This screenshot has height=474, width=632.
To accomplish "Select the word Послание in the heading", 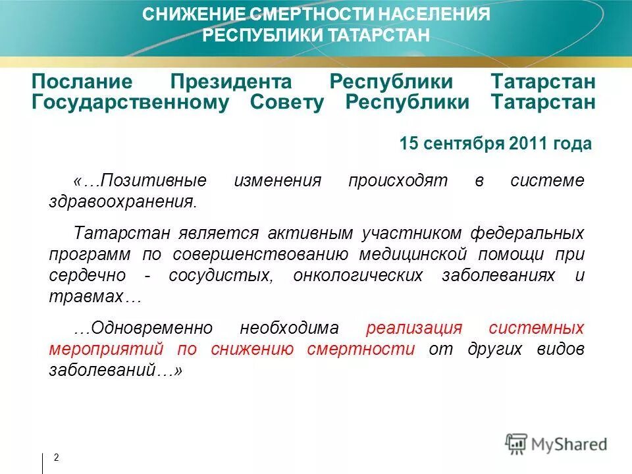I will (x=82, y=82).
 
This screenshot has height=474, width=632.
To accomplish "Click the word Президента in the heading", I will (x=231, y=82).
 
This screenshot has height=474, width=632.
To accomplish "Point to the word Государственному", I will (x=130, y=103).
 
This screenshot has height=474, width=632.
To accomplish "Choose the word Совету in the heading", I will (x=287, y=103).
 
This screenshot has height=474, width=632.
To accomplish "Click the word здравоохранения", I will (x=122, y=201).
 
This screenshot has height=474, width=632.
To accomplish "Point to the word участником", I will (x=411, y=233).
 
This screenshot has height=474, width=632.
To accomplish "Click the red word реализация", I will (x=415, y=328).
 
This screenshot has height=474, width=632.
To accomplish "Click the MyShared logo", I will (x=556, y=443).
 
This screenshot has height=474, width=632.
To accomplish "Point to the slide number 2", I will (x=56, y=458).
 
